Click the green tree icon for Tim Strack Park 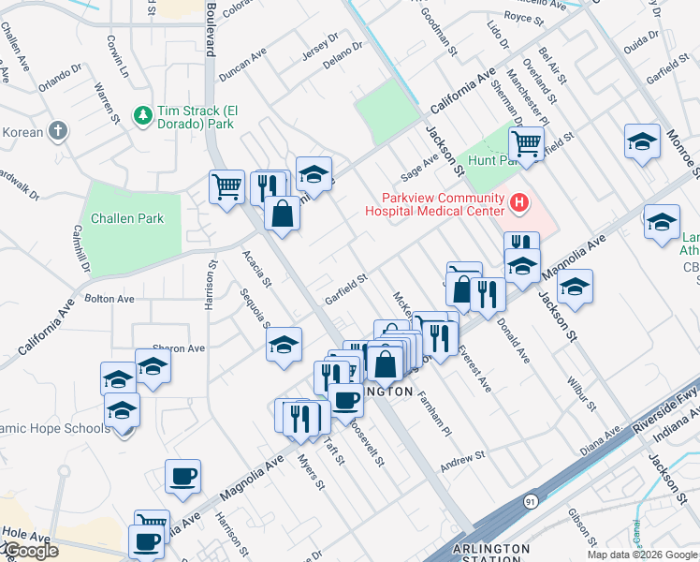pos(143,115)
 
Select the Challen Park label pos(127,218)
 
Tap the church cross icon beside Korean pos(58,131)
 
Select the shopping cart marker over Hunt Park pos(526,145)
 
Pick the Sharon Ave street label pos(183,348)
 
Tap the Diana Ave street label pos(602,441)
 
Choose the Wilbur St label pos(580,394)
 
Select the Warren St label pos(107,102)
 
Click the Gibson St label pos(581,528)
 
